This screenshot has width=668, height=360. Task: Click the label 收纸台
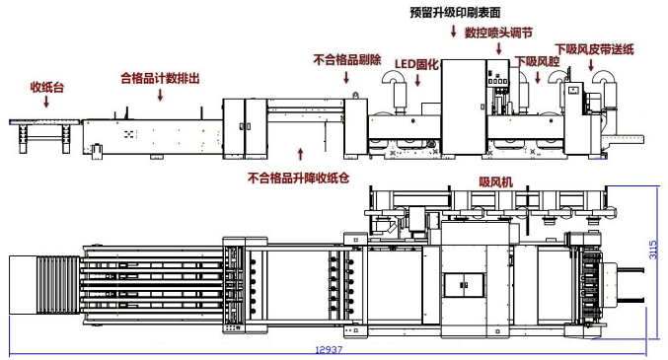(45, 88)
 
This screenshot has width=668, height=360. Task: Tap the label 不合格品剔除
(346, 59)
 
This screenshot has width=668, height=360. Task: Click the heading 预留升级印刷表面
(454, 13)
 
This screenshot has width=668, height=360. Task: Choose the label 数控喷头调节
(499, 33)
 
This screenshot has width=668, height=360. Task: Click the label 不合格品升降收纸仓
(298, 179)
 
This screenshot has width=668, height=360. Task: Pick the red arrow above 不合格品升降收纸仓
(302, 154)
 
